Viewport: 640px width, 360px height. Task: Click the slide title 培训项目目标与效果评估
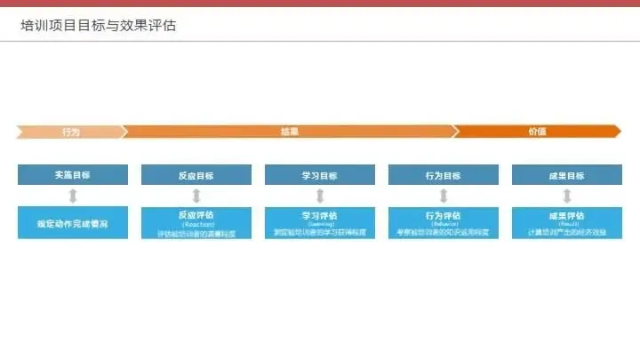[99, 25]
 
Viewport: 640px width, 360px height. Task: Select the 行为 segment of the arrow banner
[71, 132]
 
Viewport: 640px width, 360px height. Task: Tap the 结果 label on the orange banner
[289, 132]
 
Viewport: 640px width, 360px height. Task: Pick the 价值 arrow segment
[537, 132]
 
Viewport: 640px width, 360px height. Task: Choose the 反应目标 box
[196, 175]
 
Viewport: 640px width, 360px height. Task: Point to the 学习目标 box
[319, 175]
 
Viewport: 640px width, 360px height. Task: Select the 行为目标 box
[443, 175]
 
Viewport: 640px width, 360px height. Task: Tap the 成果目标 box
[566, 175]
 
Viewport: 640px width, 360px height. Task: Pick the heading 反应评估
[196, 215]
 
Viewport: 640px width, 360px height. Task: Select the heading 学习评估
[319, 215]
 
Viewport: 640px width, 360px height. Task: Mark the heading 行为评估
[443, 215]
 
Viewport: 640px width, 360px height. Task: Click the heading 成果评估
[566, 215]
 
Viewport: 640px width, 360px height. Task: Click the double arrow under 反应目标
[196, 196]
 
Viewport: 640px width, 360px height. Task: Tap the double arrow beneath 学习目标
[319, 196]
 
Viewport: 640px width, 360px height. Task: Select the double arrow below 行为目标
[443, 196]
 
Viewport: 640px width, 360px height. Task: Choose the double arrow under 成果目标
[566, 196]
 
